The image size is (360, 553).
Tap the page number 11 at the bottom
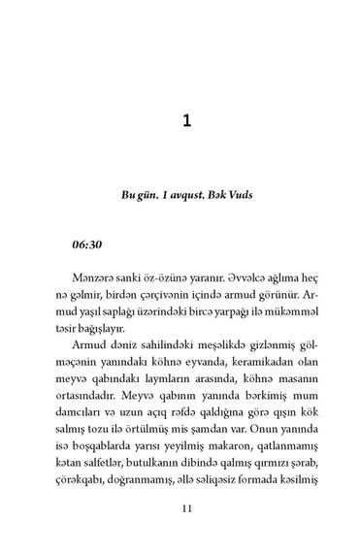[180, 507]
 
